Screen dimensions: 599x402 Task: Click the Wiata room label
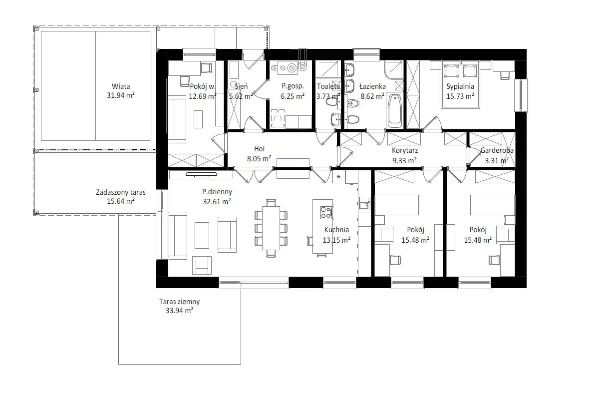pos(121,86)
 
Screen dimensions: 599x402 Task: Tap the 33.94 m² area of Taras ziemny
pos(179,311)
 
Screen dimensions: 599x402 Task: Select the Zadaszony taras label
pos(121,192)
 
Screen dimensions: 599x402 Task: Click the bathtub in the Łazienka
pos(395,111)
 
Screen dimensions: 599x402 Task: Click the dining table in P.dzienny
pos(271,228)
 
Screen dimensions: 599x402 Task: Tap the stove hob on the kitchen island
pos(326,212)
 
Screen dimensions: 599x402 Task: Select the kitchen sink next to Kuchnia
pos(364,203)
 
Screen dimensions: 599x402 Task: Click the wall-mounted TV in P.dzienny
pos(201,175)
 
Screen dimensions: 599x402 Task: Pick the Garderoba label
pos(497,150)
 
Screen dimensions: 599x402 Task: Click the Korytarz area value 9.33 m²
pos(405,160)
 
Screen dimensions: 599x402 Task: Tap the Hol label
pos(260,149)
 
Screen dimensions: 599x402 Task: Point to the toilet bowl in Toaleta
pos(331,102)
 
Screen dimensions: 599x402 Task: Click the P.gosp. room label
pos(293,86)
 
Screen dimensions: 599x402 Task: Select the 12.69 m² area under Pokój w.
pos(203,96)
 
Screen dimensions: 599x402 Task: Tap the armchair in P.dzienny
pos(202,265)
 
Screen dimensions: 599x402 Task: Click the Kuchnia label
pos(336,230)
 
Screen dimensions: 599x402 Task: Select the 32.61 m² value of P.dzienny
pos(217,201)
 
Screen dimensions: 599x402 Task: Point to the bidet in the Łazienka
pos(353,103)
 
